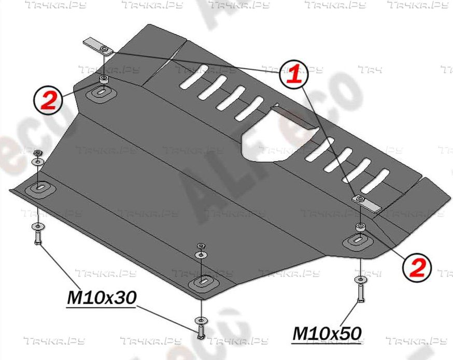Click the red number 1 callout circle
click(x=293, y=74)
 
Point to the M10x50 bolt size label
click(x=327, y=333)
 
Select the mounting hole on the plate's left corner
click(x=39, y=188)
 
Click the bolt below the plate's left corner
click(x=38, y=238)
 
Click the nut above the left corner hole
click(x=37, y=153)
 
